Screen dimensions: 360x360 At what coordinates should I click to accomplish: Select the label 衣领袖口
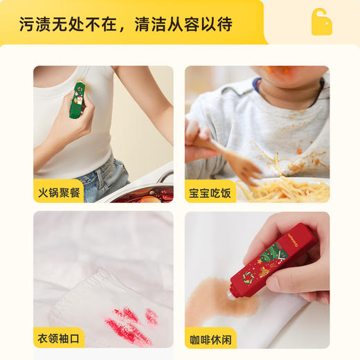(58, 339)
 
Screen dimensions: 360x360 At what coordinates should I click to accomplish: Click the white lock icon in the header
(321, 22)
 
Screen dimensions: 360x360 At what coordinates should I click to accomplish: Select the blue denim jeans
(104, 177)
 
